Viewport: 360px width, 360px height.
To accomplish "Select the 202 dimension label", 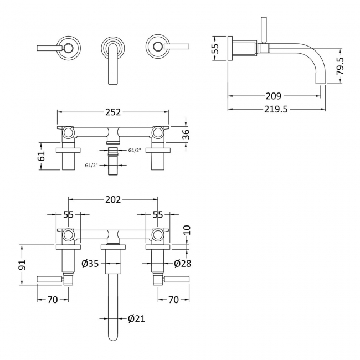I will [113, 199].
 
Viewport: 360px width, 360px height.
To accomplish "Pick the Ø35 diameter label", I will [90, 264].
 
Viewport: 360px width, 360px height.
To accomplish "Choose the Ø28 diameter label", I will [182, 264].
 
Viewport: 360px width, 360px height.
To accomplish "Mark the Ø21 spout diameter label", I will [136, 318].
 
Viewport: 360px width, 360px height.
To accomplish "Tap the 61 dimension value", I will [40, 160].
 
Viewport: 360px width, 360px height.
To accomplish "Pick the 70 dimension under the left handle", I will [53, 300].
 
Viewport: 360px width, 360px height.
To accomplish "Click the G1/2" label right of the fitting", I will [135, 150].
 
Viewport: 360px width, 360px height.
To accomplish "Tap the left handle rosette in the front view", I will [69, 48].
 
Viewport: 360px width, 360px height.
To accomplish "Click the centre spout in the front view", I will [113, 55].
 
